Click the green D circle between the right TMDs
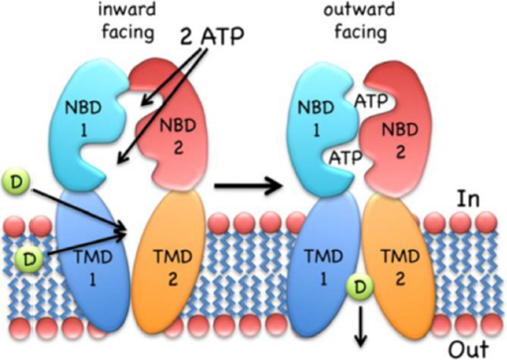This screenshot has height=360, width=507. pyautogui.click(x=360, y=291)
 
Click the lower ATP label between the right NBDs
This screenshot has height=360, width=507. pyautogui.click(x=354, y=157)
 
